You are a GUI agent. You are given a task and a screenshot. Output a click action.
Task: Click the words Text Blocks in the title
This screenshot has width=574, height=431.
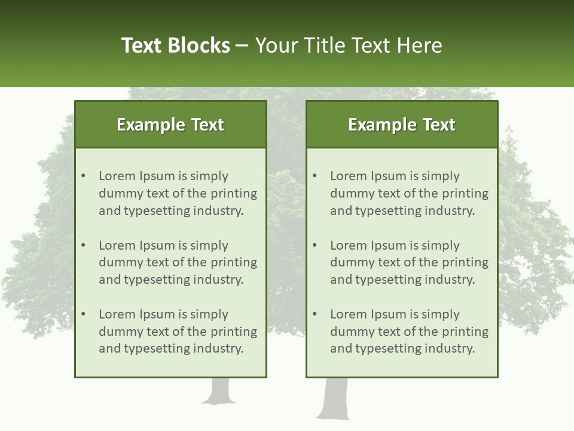[x=175, y=45]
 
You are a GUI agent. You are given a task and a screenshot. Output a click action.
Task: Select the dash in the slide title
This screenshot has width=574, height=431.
[x=242, y=46]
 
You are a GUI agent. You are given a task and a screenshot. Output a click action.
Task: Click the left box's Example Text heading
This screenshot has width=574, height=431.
[x=170, y=125]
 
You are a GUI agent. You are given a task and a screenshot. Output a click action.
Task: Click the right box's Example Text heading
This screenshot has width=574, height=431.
[x=402, y=125]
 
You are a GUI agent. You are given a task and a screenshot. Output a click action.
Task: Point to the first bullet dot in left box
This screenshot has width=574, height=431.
[x=83, y=176]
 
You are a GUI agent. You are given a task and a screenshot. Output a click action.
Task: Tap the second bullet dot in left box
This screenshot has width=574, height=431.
[x=83, y=245]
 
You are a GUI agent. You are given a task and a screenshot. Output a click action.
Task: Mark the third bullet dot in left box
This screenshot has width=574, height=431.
[x=83, y=314]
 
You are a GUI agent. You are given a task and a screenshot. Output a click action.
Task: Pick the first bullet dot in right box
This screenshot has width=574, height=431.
[x=315, y=176]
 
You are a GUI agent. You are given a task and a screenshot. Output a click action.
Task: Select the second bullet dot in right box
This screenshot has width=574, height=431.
[x=315, y=245]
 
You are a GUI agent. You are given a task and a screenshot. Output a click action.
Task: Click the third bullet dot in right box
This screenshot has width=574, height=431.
[x=315, y=314]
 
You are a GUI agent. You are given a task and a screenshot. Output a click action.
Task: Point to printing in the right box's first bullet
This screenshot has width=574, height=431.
[x=465, y=193]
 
